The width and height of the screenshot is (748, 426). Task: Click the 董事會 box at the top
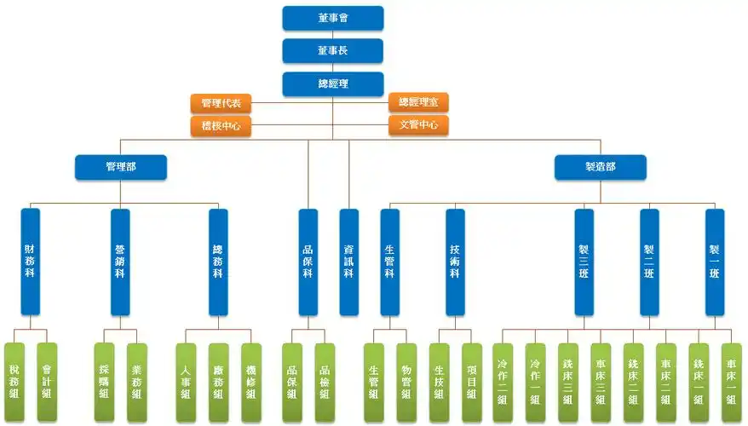(x=333, y=18)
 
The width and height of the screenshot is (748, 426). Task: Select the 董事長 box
(x=333, y=50)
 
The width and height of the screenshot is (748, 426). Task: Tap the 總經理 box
(x=333, y=83)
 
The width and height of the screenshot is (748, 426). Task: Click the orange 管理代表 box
(x=221, y=104)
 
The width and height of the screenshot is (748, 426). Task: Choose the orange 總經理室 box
(x=418, y=103)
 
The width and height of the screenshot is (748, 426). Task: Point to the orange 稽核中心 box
(x=221, y=126)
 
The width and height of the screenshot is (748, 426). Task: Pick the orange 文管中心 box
(x=418, y=125)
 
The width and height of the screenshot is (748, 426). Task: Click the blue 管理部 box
(x=120, y=167)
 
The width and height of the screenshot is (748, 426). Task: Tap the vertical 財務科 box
(x=31, y=262)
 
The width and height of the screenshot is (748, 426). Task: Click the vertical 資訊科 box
(x=348, y=262)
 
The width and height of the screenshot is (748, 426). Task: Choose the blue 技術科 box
(x=455, y=262)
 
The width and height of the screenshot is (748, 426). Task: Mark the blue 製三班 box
(x=584, y=262)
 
